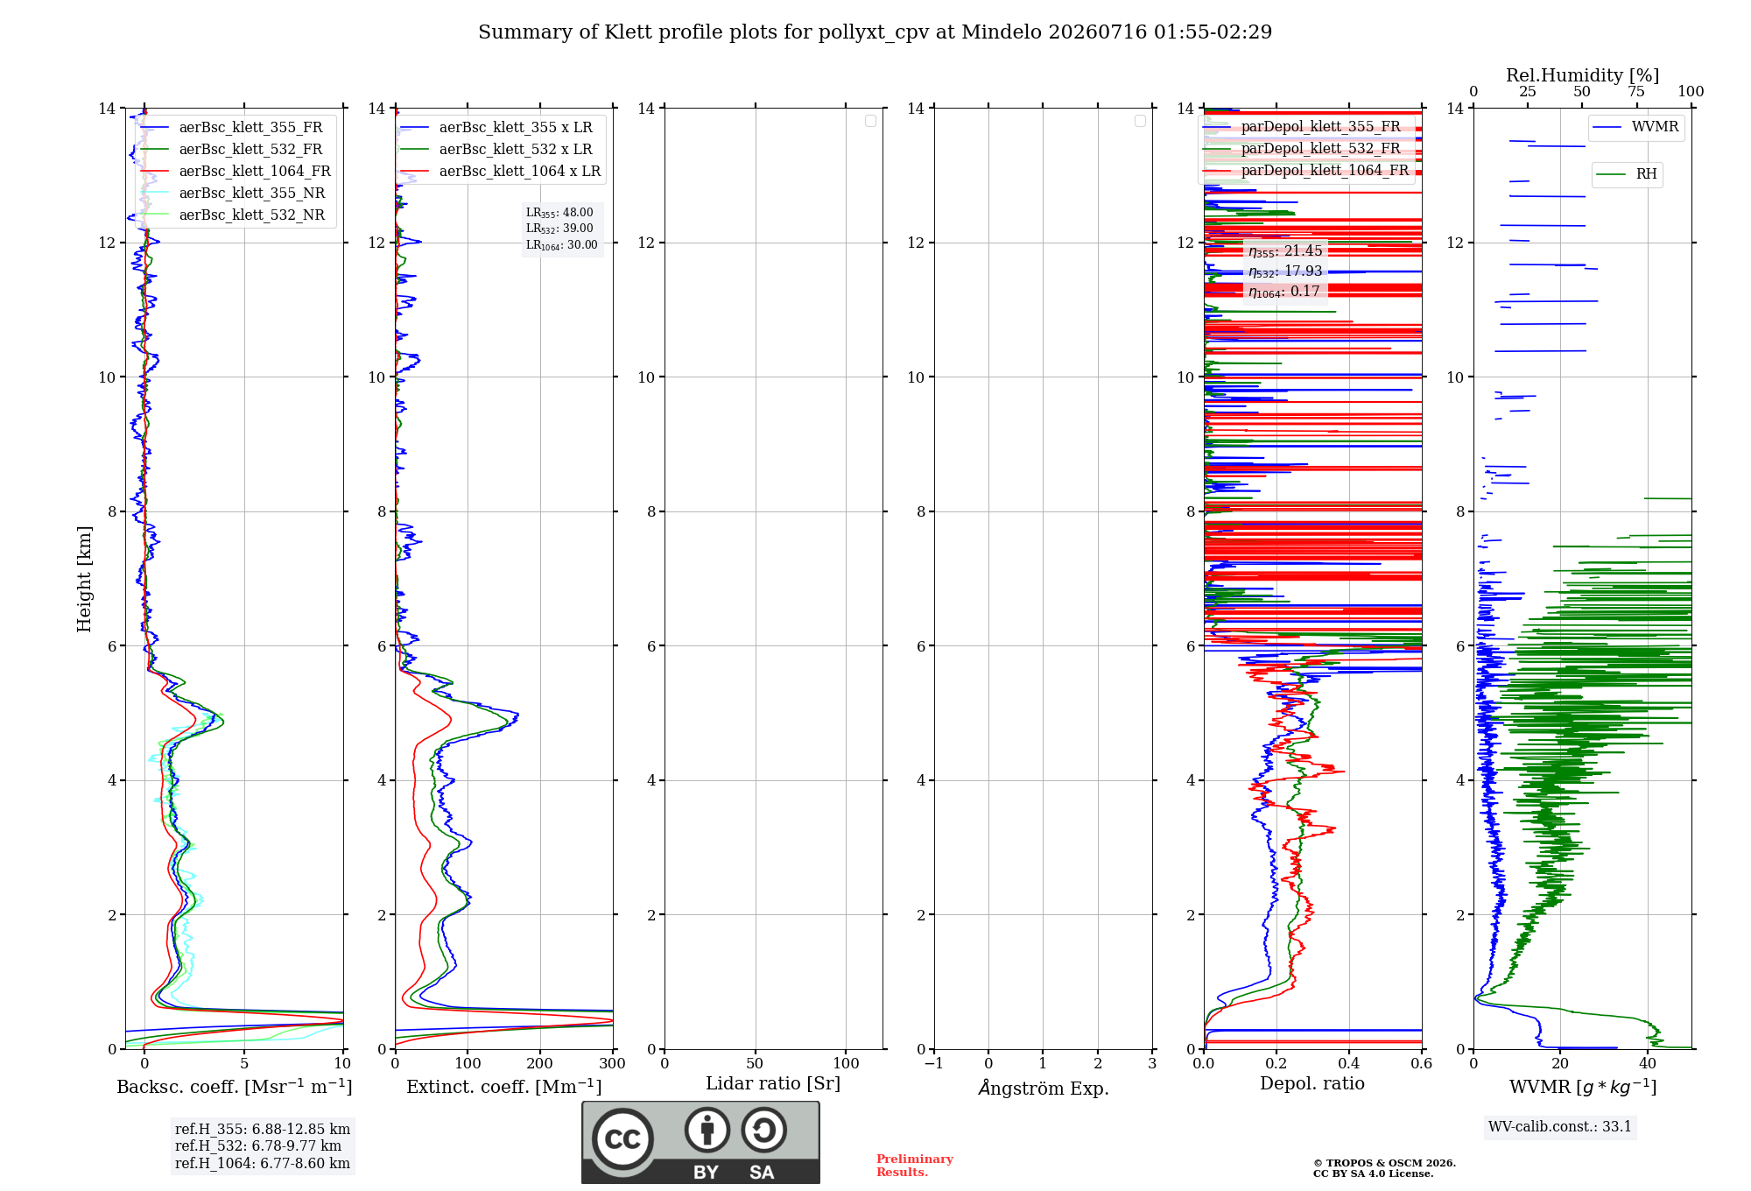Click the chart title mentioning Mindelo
pyautogui.click(x=875, y=32)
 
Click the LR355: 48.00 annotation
pyautogui.click(x=559, y=213)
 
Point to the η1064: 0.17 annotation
pyautogui.click(x=1284, y=292)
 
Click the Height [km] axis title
pyautogui.click(x=84, y=579)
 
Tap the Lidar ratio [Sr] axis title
pyautogui.click(x=773, y=1084)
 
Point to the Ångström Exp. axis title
pyautogui.click(x=1044, y=1088)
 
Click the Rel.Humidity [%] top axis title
pyautogui.click(x=1583, y=75)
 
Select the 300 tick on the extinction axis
pyautogui.click(x=613, y=1063)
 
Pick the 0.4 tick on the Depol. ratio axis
pyautogui.click(x=1349, y=1063)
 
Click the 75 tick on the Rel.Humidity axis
pyautogui.click(x=1636, y=92)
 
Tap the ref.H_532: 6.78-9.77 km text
pyautogui.click(x=258, y=1146)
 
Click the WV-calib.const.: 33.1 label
pyautogui.click(x=1560, y=1127)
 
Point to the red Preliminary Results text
pyautogui.click(x=915, y=1166)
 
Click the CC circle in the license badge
pyautogui.click(x=622, y=1139)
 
